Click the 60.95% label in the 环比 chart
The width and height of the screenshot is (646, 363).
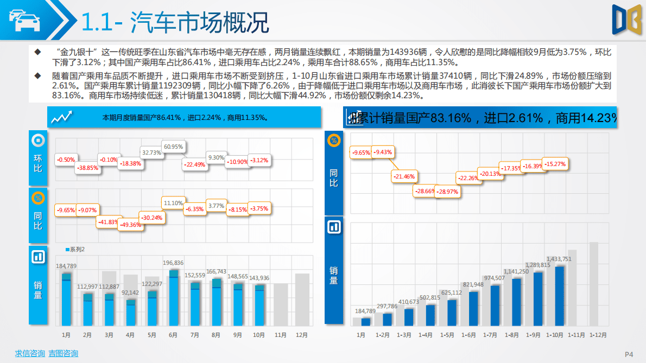[174, 147]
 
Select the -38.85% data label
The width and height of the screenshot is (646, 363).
[87, 168]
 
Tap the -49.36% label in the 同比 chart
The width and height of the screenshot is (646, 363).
[131, 225]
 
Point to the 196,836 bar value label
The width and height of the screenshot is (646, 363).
[173, 263]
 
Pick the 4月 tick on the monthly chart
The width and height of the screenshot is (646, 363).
[130, 335]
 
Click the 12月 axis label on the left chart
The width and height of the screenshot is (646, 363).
[301, 335]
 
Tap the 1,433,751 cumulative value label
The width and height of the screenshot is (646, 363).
[559, 259]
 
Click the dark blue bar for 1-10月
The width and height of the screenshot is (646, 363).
[559, 296]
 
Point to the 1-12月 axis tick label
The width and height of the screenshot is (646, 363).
[598, 335]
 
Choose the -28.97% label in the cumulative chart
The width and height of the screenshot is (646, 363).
[448, 192]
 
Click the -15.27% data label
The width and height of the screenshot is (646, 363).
[555, 164]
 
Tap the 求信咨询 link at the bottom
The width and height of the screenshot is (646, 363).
[29, 354]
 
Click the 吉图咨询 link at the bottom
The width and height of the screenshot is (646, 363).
[63, 354]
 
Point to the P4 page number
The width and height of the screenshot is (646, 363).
[629, 354]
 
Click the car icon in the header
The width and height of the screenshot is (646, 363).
[23, 20]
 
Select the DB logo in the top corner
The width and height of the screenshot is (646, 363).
[626, 21]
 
